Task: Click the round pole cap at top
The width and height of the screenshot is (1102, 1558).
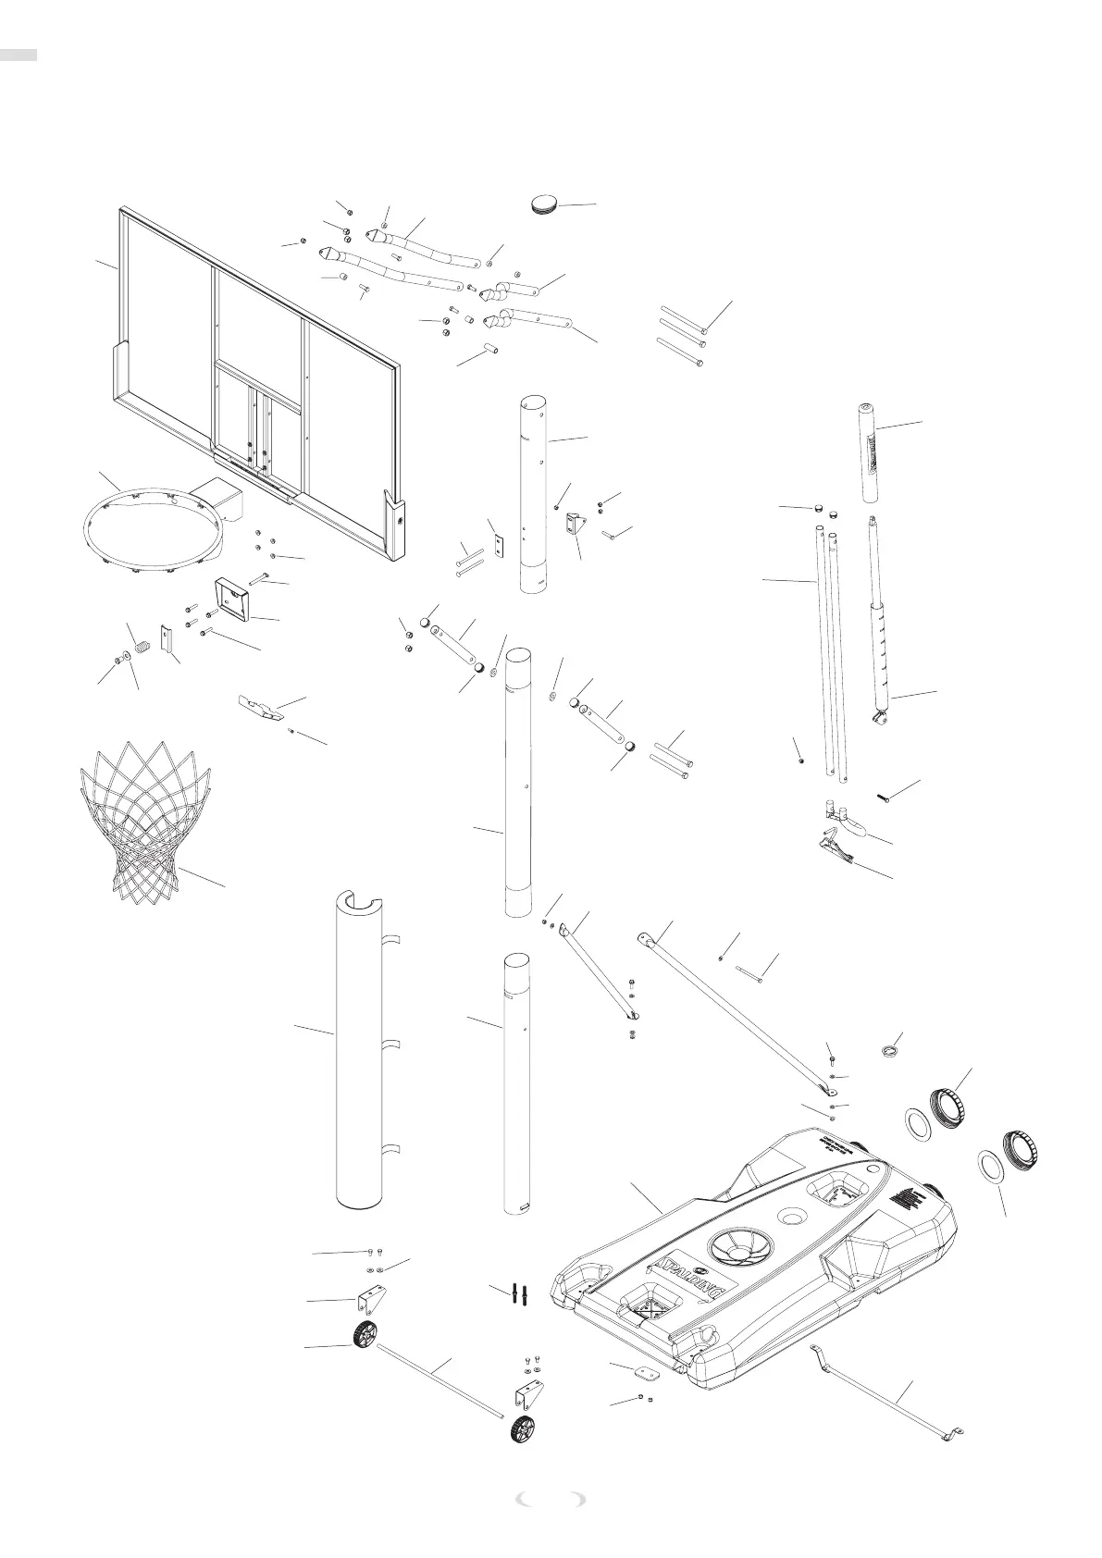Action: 546,203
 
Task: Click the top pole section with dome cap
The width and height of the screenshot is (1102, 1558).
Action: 536,495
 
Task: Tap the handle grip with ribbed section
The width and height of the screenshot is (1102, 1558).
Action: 869,453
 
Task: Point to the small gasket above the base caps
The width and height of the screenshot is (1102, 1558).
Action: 889,1049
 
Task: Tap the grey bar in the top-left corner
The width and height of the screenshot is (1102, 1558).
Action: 19,56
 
